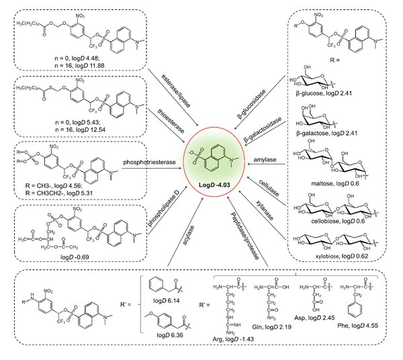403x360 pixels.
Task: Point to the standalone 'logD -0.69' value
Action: tap(85, 246)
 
